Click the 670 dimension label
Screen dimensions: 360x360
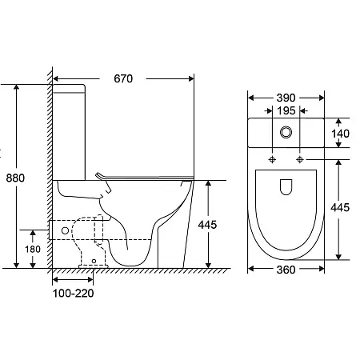click(x=123, y=78)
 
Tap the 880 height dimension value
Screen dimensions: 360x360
click(x=15, y=178)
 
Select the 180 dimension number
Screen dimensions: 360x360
click(x=33, y=250)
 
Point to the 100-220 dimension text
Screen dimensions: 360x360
click(x=74, y=294)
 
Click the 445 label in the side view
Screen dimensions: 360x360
click(x=207, y=225)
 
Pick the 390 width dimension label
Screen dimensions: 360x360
click(x=286, y=98)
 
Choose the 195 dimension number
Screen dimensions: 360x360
click(x=286, y=110)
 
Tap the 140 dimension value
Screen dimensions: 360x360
click(x=341, y=134)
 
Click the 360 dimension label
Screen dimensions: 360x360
click(x=286, y=270)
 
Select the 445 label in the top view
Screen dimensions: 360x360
click(x=340, y=207)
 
